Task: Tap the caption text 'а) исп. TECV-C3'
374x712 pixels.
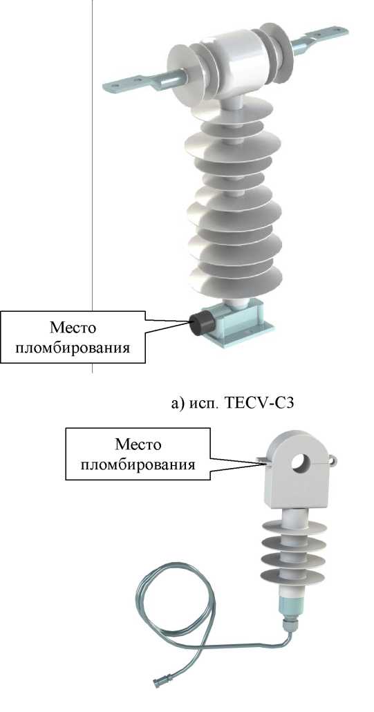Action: [232, 402]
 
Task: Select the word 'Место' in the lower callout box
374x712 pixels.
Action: [138, 444]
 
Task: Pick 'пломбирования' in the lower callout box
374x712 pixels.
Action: [138, 465]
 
